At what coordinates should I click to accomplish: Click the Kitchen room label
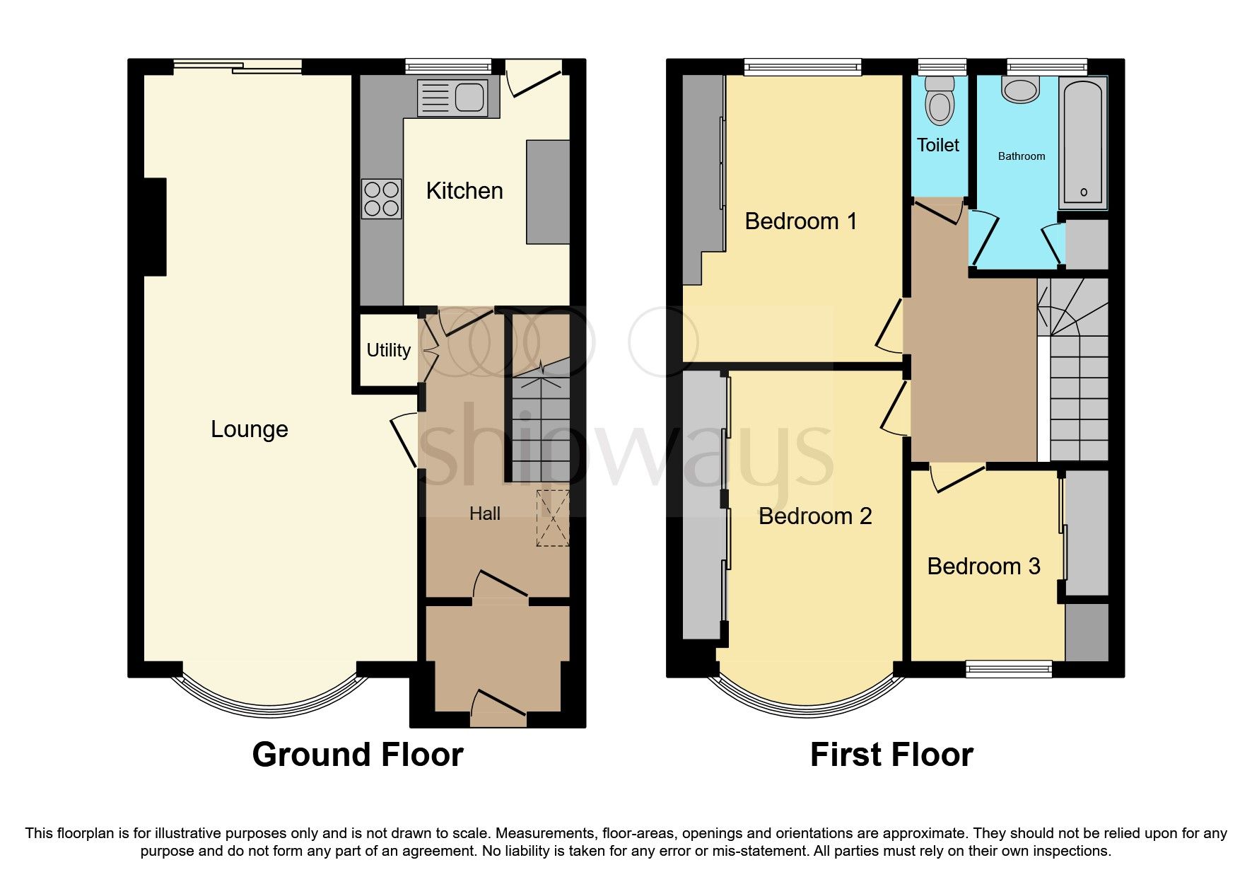[464, 191]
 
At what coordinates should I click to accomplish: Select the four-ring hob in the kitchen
[381, 199]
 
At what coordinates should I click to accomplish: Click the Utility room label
[388, 350]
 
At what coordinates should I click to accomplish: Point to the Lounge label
[249, 429]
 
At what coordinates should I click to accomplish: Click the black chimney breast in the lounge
[155, 226]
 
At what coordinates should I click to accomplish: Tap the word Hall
[485, 513]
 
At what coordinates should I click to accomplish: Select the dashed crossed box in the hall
[553, 518]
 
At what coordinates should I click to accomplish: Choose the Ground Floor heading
[357, 755]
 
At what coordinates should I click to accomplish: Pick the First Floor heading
[891, 755]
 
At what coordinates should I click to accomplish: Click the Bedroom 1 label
[800, 221]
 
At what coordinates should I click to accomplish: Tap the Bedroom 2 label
[814, 516]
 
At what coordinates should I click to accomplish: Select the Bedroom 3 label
[983, 567]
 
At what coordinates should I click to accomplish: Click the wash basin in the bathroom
[1020, 90]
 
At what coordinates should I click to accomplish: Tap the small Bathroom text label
[1021, 156]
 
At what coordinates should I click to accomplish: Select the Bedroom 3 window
[1009, 668]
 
